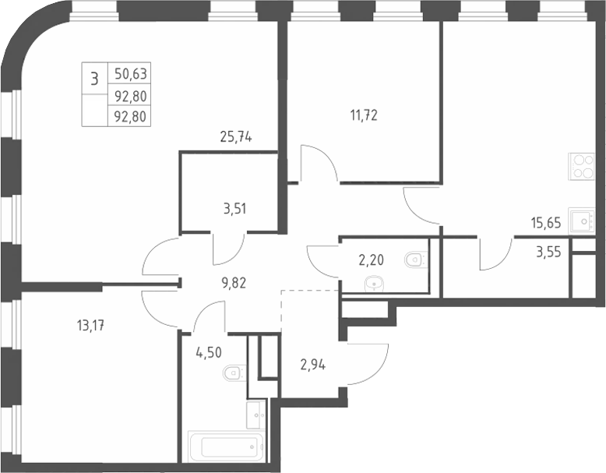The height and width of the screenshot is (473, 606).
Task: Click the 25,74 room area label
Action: click(236, 136)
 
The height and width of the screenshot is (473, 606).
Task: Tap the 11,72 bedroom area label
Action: click(364, 115)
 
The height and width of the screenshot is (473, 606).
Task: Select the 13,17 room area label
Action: click(91, 326)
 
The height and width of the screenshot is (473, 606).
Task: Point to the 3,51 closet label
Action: click(234, 209)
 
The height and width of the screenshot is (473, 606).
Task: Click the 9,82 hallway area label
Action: click(234, 283)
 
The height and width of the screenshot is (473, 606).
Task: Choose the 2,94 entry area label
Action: click(312, 365)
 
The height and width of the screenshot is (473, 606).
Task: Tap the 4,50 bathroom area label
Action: click(209, 352)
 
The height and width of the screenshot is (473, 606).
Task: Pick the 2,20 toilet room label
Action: click(372, 260)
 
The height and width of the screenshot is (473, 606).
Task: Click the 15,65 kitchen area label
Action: click(546, 223)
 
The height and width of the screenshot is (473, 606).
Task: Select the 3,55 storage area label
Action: click(548, 252)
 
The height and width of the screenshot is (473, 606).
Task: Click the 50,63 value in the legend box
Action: click(131, 73)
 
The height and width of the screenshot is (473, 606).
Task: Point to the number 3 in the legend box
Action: click(94, 79)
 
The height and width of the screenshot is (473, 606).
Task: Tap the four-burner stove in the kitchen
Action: click(581, 166)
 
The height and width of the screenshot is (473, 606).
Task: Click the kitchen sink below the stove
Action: click(581, 221)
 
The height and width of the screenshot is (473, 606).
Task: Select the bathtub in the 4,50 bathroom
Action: click(226, 447)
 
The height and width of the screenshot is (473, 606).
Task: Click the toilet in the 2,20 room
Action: click(416, 259)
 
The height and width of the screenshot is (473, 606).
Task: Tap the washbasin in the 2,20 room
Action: click(375, 284)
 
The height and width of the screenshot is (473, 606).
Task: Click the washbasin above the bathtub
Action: click(255, 415)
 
